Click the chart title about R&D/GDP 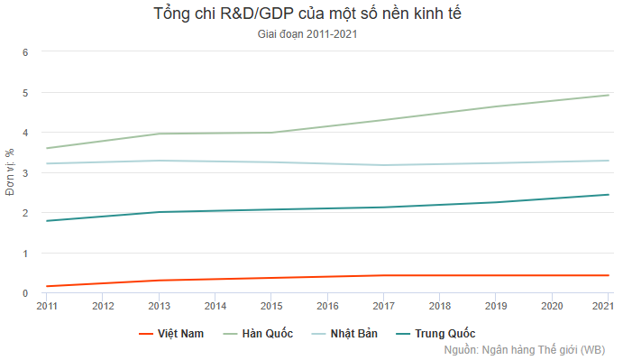[311, 14]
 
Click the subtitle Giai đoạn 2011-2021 [311, 35]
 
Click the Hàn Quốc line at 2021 [608, 95]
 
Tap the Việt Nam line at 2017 [384, 275]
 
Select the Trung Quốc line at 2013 [160, 212]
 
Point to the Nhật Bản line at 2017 [384, 165]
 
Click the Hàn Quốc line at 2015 [271, 133]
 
